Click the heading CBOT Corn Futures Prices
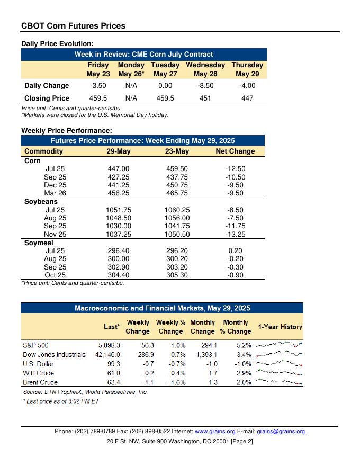pos(73,25)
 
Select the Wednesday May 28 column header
pos(205,69)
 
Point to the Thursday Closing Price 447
pos(247,98)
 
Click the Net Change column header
pos(235,151)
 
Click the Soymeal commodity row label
pos(39,243)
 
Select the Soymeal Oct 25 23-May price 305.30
pos(177,275)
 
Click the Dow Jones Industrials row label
pos(54,354)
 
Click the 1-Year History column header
pos(280,327)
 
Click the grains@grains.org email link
pos(281,432)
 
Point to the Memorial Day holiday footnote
pos(95,115)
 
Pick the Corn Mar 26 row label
pos(56,193)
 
